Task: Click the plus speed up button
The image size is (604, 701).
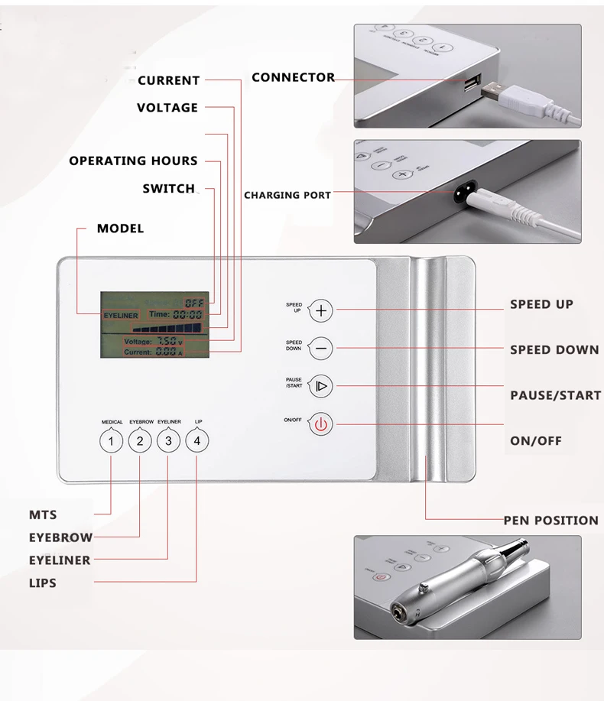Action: click(x=321, y=310)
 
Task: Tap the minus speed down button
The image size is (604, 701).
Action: click(x=321, y=349)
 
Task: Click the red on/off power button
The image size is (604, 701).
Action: click(x=321, y=424)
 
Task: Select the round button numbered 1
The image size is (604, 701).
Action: click(x=112, y=441)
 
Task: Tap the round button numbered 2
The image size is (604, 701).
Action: click(x=140, y=441)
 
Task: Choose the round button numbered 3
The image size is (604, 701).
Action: click(x=168, y=441)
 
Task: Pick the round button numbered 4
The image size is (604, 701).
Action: click(x=197, y=441)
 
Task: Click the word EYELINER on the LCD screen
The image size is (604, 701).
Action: click(x=121, y=314)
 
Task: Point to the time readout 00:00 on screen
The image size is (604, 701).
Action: click(x=187, y=314)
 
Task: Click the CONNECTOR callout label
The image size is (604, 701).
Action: click(x=293, y=77)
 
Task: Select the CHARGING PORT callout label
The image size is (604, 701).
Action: click(x=287, y=195)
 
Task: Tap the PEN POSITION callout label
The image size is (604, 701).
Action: click(x=550, y=521)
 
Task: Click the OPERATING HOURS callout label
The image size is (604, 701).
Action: click(x=133, y=161)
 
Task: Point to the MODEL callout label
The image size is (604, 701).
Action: click(x=120, y=229)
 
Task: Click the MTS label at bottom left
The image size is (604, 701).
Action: click(x=43, y=515)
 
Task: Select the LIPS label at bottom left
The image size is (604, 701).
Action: click(x=43, y=583)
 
